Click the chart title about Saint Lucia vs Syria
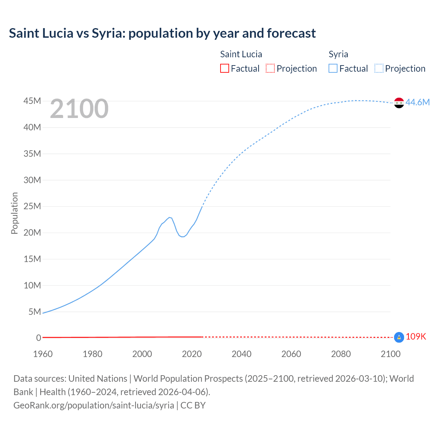(x=162, y=33)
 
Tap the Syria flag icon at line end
(x=399, y=103)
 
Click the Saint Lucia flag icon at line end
(x=399, y=337)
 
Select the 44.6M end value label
(x=417, y=102)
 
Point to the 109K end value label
(x=416, y=337)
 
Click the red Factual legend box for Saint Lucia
(x=225, y=69)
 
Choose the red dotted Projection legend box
(x=270, y=69)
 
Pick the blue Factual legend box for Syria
(x=333, y=69)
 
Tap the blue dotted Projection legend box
(x=379, y=69)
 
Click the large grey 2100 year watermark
(x=79, y=109)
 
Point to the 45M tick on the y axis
(x=32, y=101)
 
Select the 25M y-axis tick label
(x=32, y=206)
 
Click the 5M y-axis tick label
(x=35, y=312)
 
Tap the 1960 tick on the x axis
(x=43, y=354)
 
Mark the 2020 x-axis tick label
(x=192, y=354)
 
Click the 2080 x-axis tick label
(x=341, y=354)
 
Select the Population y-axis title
(x=14, y=213)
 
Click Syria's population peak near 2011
(x=169, y=217)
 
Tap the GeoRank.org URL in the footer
(x=94, y=405)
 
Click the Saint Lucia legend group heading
(x=241, y=54)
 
